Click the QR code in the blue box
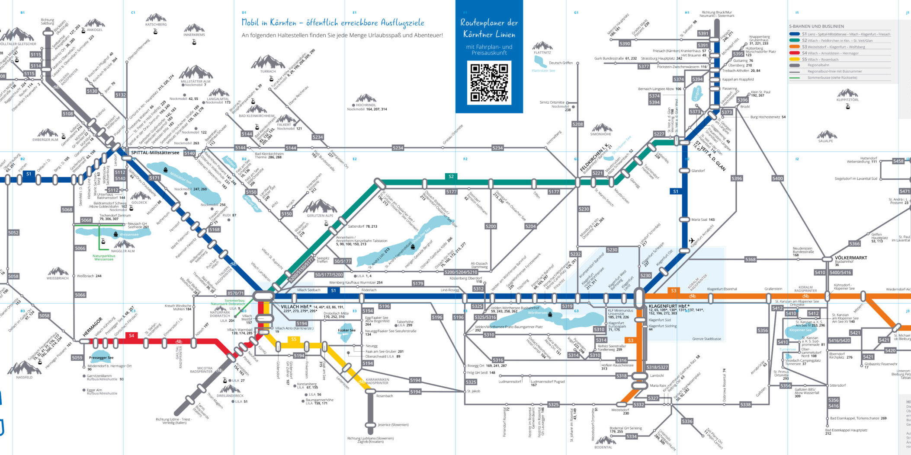click(x=489, y=83)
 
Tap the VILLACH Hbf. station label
click(x=296, y=307)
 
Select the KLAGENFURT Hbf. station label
click(x=669, y=306)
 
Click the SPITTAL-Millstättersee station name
click(x=155, y=153)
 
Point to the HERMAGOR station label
click(x=93, y=327)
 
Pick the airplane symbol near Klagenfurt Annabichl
click(x=691, y=241)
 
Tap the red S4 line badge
click(x=132, y=336)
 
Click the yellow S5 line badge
click(x=294, y=339)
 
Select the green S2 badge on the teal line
click(x=451, y=176)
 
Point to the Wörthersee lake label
click(x=538, y=313)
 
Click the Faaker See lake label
click(x=346, y=330)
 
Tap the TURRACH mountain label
click(x=268, y=72)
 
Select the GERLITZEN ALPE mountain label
click(x=320, y=216)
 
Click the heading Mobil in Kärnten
click(x=332, y=22)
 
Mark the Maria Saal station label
click(x=702, y=220)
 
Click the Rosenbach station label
click(x=384, y=396)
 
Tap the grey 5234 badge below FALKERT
click(x=317, y=137)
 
